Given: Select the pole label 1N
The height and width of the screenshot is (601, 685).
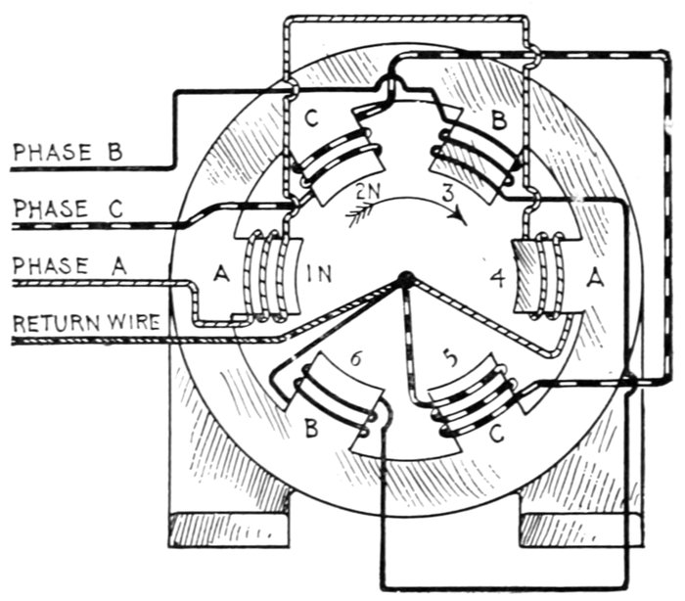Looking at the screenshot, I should pyautogui.click(x=319, y=275).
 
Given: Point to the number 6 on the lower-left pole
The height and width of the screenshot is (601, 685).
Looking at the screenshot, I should pyautogui.click(x=355, y=360).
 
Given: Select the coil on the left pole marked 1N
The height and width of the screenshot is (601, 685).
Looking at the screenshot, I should pyautogui.click(x=267, y=276).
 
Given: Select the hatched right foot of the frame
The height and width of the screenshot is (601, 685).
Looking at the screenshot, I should pyautogui.click(x=568, y=530).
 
